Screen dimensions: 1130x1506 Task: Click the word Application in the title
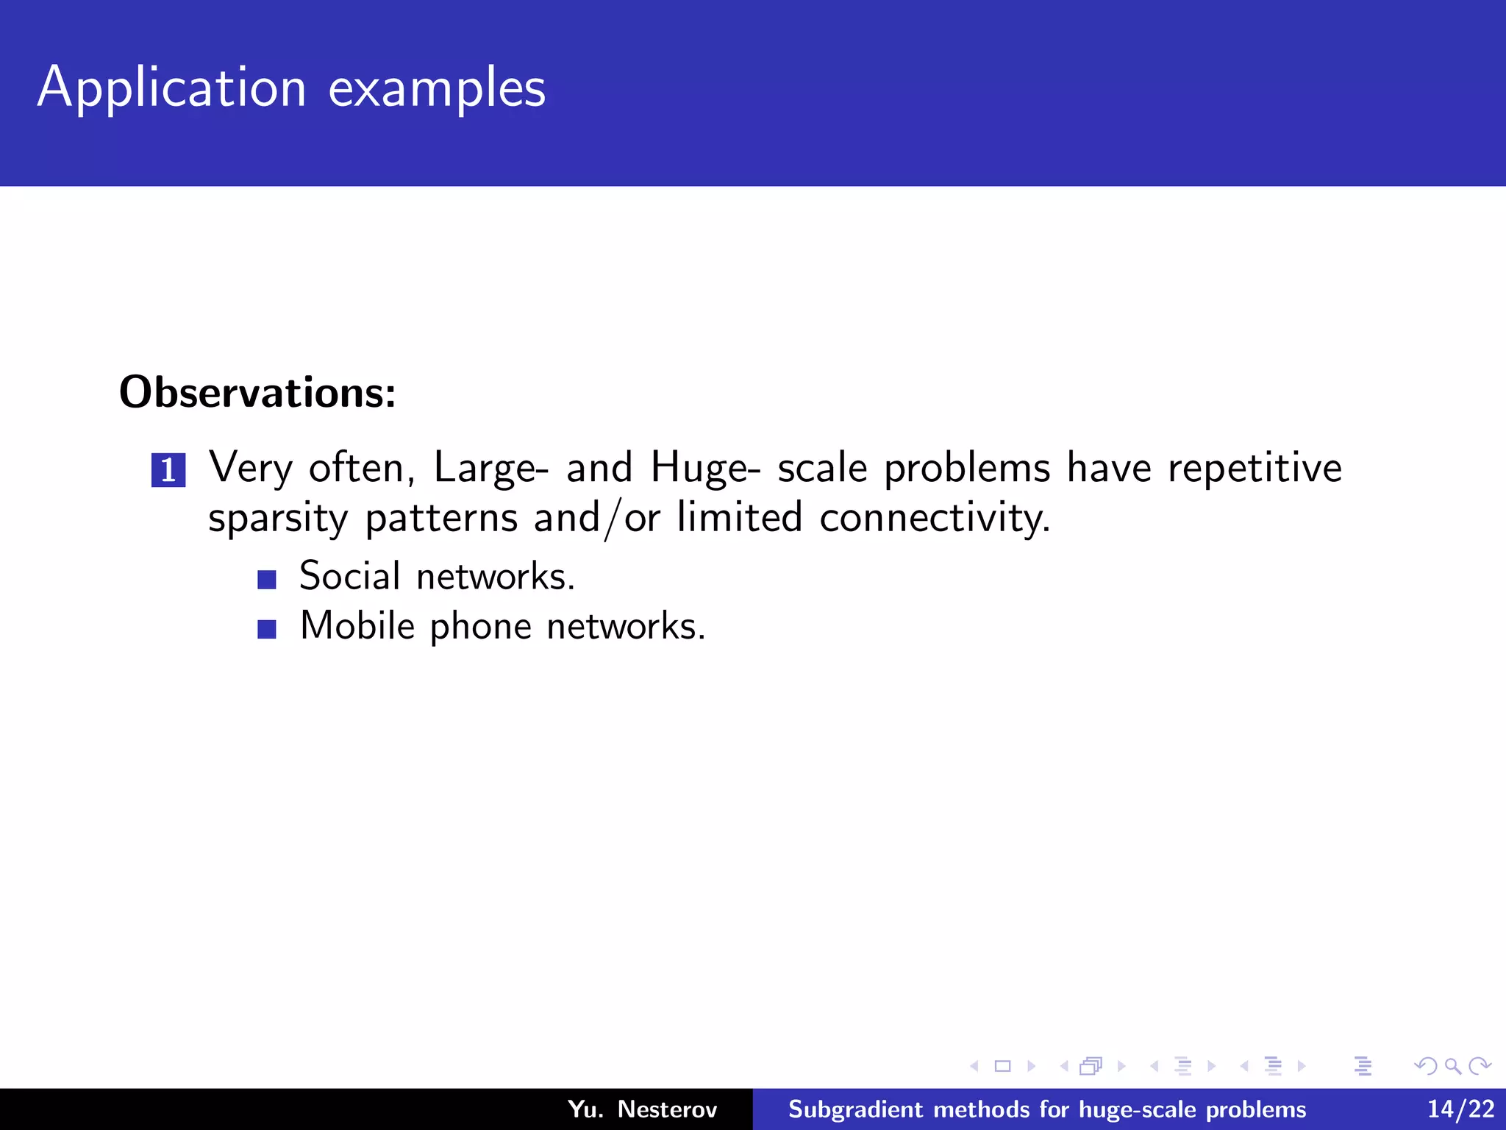(x=171, y=88)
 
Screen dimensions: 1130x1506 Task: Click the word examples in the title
(x=437, y=88)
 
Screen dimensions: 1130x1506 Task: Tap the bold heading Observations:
(x=257, y=392)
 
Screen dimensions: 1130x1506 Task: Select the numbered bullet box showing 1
(x=168, y=470)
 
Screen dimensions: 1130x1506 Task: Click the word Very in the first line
(x=251, y=469)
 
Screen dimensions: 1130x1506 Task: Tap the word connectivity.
(x=935, y=517)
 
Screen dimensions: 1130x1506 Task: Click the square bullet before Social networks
(x=267, y=580)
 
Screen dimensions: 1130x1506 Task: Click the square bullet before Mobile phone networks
(x=267, y=629)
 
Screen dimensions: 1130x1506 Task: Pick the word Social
(x=349, y=575)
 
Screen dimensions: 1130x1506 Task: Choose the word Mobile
(x=358, y=626)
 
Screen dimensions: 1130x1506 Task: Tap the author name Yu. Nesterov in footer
(x=642, y=1109)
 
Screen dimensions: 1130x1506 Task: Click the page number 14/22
(x=1460, y=1109)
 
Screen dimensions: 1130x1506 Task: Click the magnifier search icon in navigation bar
(x=1452, y=1066)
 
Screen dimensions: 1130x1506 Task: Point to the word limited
(x=739, y=517)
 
